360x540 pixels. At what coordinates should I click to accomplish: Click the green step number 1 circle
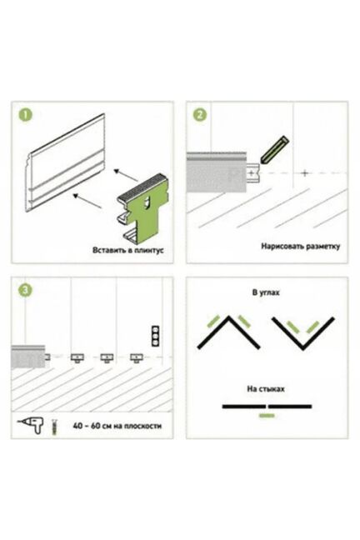[x=25, y=115]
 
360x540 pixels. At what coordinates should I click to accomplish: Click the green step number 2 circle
[x=200, y=115]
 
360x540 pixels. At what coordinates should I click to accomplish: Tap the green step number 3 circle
[x=25, y=290]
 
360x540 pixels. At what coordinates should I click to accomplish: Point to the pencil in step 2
[x=274, y=150]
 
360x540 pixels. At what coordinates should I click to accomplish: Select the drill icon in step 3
[x=31, y=424]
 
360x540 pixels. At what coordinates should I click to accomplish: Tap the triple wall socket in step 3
[x=155, y=335]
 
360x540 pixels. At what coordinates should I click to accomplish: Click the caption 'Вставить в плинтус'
[x=127, y=250]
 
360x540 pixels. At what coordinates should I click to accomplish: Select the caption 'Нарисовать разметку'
[x=300, y=247]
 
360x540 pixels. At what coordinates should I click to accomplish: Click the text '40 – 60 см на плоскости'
[x=117, y=426]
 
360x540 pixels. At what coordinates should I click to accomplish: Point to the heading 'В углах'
[x=266, y=292]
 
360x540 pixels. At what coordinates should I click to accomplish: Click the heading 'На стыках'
[x=266, y=389]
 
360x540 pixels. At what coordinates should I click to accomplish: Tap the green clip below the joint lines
[x=267, y=416]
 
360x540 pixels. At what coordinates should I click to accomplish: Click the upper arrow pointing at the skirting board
[x=126, y=175]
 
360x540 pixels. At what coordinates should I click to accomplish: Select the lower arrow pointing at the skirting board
[x=87, y=201]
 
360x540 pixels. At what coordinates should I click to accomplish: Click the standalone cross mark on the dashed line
[x=304, y=172]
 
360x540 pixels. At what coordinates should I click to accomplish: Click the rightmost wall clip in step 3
[x=137, y=357]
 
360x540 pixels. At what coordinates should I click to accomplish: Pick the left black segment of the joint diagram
[x=244, y=407]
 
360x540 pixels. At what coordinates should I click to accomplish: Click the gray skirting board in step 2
[x=217, y=172]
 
